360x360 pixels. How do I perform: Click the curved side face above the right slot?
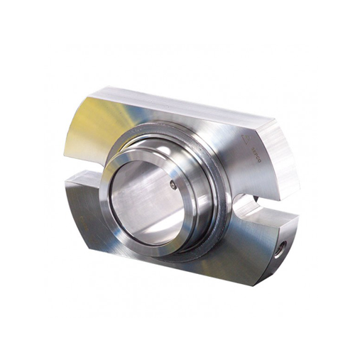[280, 160]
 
